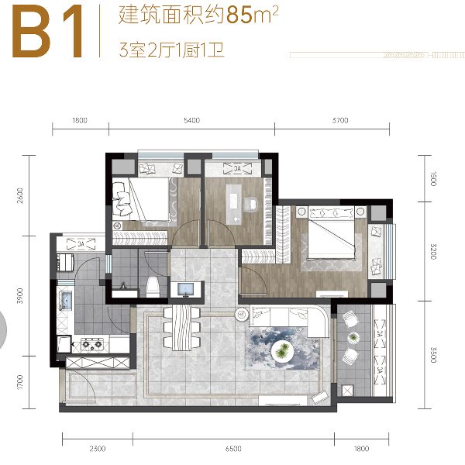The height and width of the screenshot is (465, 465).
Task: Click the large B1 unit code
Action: click(47, 31)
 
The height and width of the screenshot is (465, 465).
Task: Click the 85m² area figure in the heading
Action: click(253, 15)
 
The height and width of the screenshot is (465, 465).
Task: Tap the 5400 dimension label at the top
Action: click(192, 120)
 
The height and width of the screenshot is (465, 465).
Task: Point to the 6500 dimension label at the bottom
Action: click(233, 449)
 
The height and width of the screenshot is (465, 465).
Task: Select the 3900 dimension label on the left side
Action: click(20, 295)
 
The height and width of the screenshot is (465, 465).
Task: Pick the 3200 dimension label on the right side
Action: click(433, 251)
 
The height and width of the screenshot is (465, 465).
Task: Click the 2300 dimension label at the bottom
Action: click(98, 449)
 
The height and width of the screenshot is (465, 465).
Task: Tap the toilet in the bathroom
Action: click(153, 287)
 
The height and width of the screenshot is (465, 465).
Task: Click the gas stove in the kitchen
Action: click(92, 344)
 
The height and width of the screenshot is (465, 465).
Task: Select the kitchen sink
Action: click(66, 300)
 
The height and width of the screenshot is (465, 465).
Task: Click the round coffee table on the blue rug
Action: click(282, 352)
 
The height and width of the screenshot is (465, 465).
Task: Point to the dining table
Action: click(182, 327)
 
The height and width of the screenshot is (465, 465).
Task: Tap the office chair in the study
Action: click(250, 205)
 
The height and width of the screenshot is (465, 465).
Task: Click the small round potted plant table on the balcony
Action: click(353, 338)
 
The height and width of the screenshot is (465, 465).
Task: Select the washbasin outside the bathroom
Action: click(186, 289)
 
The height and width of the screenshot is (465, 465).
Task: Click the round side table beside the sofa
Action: click(242, 314)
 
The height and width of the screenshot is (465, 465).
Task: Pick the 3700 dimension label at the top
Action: click(340, 120)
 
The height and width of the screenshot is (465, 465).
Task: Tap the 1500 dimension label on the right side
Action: click(433, 178)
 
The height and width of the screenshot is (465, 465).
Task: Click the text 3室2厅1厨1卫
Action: click(171, 50)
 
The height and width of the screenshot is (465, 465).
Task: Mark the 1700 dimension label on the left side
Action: click(20, 382)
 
